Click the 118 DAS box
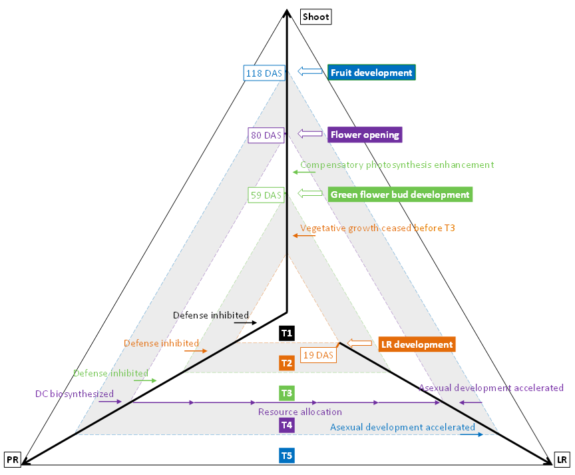tap(264, 73)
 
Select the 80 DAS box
tap(266, 135)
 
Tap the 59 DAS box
tap(266, 195)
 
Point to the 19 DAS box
tap(318, 355)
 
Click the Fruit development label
tap(371, 73)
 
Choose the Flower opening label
tap(365, 135)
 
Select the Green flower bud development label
tap(400, 195)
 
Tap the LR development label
tap(416, 344)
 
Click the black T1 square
tap(287, 332)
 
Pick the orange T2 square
tap(287, 363)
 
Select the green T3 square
tap(287, 393)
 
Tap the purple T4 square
tap(287, 425)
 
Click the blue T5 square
tap(287, 456)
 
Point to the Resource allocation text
tap(299, 412)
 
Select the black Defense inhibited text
tap(211, 315)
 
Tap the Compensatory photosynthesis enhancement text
tap(397, 165)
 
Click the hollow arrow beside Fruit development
tap(310, 71)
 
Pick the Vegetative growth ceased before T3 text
tap(377, 228)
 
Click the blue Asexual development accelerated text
tap(402, 427)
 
